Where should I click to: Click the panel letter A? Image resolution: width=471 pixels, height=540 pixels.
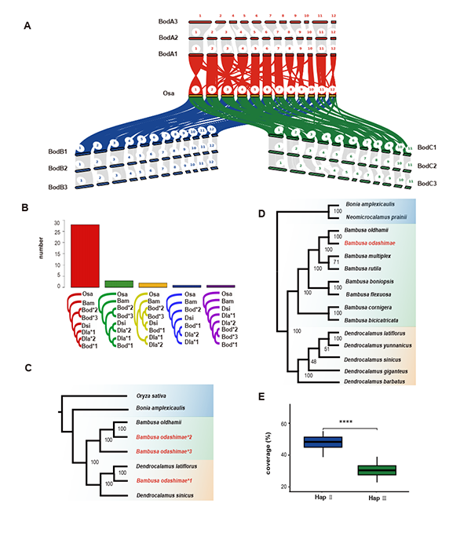point(28,25)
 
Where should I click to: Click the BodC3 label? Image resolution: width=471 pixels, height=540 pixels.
point(428,183)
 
